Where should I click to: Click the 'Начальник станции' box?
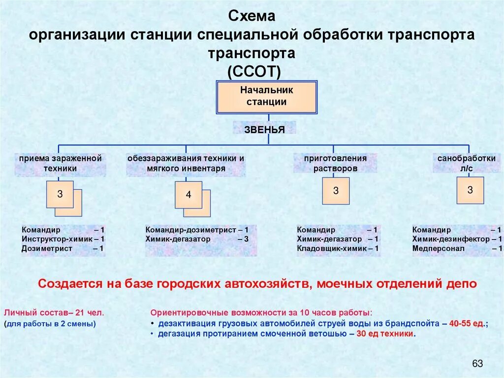tap(266, 97)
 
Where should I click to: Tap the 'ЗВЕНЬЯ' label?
tap(264, 130)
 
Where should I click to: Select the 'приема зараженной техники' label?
tap(60, 164)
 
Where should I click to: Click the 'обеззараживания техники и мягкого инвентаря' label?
tap(186, 164)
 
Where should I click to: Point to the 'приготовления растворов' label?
tap(335, 164)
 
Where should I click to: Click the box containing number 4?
tap(188, 195)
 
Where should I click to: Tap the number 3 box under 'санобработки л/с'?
tap(470, 190)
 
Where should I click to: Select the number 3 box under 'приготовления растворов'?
tap(336, 191)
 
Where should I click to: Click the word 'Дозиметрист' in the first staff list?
tap(47, 249)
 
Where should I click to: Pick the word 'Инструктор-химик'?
tap(54, 240)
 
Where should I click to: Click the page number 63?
tap(477, 364)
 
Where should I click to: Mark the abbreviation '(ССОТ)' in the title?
tap(254, 72)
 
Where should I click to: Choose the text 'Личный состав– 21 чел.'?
tap(54, 313)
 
